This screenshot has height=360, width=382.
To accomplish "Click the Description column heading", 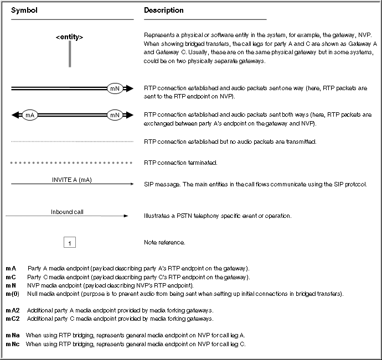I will (x=164, y=11).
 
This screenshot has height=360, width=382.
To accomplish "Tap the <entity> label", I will (x=70, y=37).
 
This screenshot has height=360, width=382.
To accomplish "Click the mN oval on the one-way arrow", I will (x=115, y=88).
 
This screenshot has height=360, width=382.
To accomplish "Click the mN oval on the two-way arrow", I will (x=115, y=115).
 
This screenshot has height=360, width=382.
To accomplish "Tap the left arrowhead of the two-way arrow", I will (x=16, y=115).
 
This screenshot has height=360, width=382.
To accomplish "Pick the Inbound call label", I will (x=68, y=211).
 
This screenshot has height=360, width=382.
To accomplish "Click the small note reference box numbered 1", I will (x=70, y=242).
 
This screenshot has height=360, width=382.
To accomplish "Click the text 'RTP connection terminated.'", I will (x=180, y=163).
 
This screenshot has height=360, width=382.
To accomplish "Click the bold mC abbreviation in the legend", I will (x=11, y=276).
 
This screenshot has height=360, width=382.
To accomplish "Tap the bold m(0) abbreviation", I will (x=12, y=293).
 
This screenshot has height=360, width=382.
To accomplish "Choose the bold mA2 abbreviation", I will (x=13, y=310).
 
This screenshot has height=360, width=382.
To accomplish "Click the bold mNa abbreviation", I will (x=13, y=335).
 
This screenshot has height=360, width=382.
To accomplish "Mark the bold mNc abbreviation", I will (x=13, y=343).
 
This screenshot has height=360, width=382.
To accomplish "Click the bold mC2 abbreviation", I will (x=13, y=319).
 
